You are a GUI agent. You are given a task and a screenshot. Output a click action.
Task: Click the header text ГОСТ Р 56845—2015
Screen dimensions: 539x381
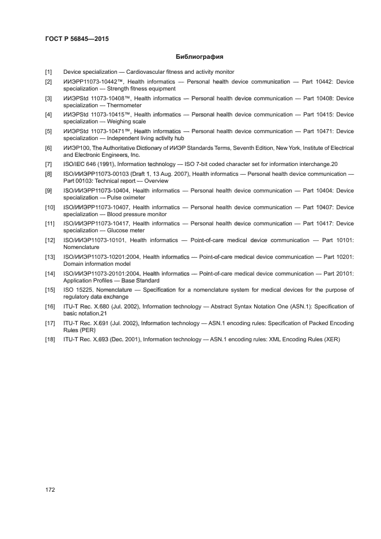pyautogui.click(x=77, y=39)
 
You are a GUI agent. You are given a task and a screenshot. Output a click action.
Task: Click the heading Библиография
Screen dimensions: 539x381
pyautogui.click(x=199, y=57)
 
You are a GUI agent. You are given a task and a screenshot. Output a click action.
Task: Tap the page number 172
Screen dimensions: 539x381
pyautogui.click(x=50, y=489)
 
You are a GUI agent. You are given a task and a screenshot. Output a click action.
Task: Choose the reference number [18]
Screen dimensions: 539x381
pyautogui.click(x=50, y=340)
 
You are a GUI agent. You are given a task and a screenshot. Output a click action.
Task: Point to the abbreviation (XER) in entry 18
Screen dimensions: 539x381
pyautogui.click(x=331, y=340)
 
